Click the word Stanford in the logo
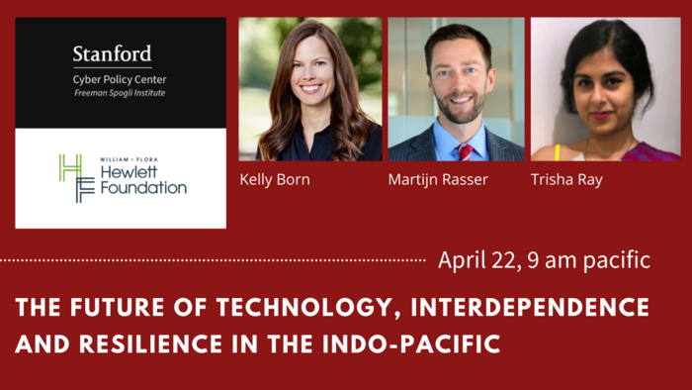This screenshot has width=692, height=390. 112,53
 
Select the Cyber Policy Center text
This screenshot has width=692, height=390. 113,80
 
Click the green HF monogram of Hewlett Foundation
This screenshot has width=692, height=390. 72,178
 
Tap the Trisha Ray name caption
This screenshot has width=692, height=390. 565,180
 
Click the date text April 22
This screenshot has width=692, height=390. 472,261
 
